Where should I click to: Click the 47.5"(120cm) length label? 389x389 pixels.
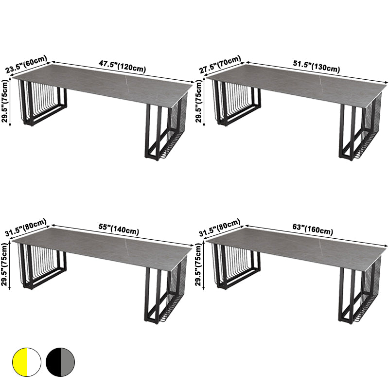pos(123,67)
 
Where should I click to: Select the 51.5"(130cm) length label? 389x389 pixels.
pos(317,67)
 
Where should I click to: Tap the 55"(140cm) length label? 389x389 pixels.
pos(119,230)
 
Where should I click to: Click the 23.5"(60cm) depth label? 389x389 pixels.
pos(26,65)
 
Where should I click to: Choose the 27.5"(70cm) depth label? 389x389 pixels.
pos(220,65)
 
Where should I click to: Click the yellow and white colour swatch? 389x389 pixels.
pos(27,362)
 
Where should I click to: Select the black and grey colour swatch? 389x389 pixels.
pos(60,362)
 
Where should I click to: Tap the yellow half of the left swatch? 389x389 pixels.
pos(20,362)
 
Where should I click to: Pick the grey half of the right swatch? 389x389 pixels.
pos(68,362)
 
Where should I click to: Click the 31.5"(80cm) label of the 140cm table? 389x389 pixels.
pos(26,228)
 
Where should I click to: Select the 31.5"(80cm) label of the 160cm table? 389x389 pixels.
pos(220,228)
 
